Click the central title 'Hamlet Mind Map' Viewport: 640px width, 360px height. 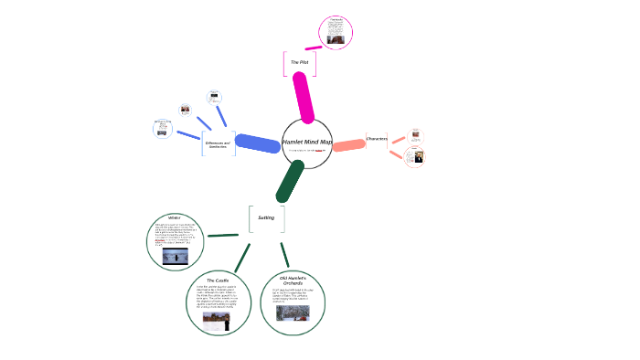307,142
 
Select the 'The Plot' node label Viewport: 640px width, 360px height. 300,62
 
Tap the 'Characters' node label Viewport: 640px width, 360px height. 377,139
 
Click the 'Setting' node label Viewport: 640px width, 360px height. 266,217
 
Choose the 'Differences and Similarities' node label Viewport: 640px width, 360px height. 217,144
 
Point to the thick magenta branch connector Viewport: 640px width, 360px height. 303,96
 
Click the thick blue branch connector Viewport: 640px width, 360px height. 258,143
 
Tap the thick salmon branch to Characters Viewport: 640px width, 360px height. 349,144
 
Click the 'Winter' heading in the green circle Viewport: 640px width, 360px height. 175,217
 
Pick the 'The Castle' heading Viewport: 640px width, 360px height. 218,280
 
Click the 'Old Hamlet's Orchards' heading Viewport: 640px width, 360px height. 292,281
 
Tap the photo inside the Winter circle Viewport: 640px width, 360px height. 176,257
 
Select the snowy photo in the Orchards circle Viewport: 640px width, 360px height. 293,313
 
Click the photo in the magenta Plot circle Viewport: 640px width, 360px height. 336,39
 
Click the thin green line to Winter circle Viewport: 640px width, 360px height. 223,236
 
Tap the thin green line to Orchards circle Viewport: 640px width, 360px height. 284,255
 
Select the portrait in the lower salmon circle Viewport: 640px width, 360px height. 417,157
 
